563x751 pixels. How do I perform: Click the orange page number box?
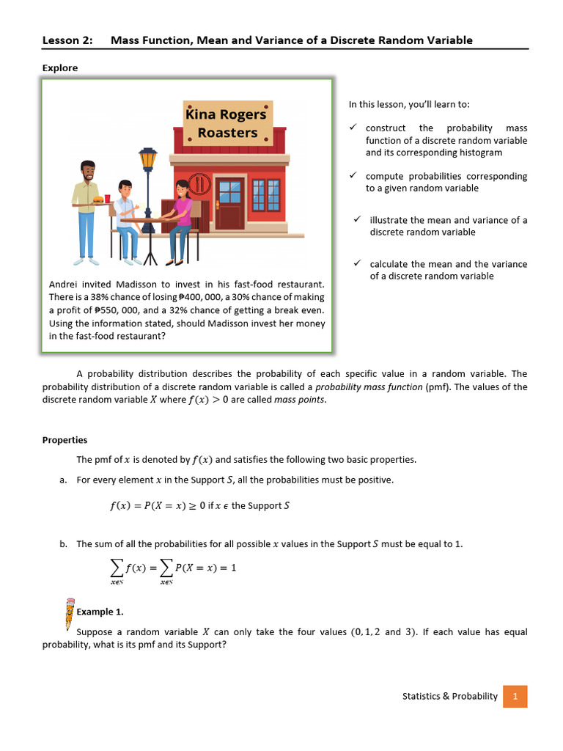[x=515, y=696]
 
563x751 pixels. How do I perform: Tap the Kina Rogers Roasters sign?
[x=227, y=123]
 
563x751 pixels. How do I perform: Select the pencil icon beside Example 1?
[x=69, y=612]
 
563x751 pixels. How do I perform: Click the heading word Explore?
[x=60, y=68]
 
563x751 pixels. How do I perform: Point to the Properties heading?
[x=65, y=440]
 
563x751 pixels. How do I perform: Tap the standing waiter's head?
[x=88, y=172]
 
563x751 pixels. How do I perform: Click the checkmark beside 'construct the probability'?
[x=353, y=128]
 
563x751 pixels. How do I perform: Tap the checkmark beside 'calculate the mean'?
[x=357, y=264]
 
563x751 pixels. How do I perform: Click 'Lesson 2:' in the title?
[x=67, y=40]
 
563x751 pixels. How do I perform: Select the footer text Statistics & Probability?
[x=449, y=696]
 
